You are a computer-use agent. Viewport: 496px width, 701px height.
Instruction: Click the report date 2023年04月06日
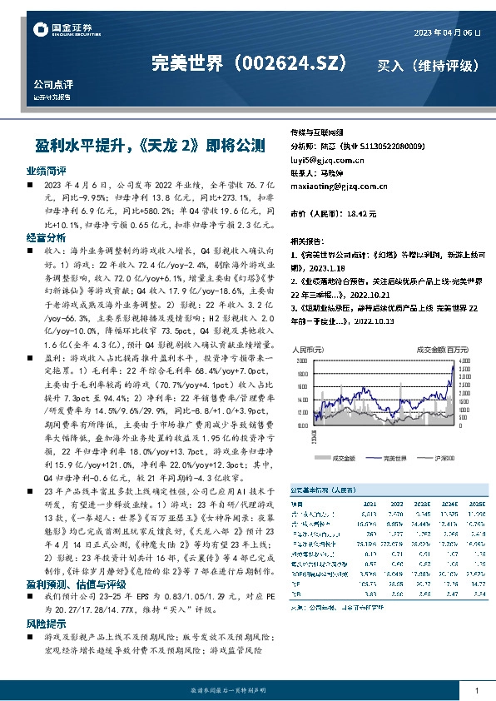(447, 32)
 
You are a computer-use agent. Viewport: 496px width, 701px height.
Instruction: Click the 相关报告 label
(307, 237)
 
